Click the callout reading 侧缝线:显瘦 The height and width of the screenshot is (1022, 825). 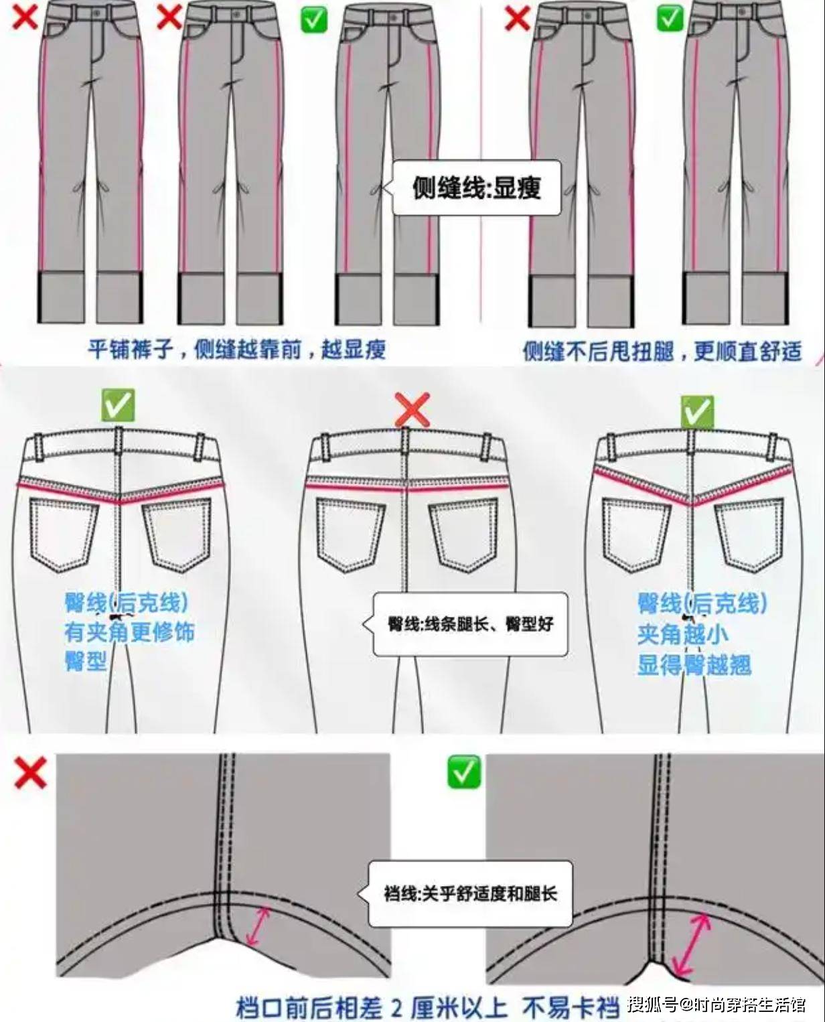pos(476,188)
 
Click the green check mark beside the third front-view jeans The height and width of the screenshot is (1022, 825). pos(313,19)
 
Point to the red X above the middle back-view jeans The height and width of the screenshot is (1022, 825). pos(412,409)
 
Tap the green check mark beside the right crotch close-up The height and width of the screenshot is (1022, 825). pos(463,772)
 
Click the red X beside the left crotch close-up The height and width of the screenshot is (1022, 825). pos(31,772)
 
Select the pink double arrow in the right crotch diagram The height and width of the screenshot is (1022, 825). pos(691,944)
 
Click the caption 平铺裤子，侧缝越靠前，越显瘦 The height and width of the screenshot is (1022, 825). pos(236,350)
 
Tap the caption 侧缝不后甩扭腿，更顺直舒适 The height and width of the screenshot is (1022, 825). pos(662,351)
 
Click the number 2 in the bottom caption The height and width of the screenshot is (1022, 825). pos(396,994)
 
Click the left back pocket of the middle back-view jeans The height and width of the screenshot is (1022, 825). pos(350,535)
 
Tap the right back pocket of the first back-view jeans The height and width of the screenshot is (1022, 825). pos(177,536)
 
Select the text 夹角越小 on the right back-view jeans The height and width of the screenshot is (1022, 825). pos(682,634)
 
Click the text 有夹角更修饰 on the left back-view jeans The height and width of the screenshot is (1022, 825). pos(129,632)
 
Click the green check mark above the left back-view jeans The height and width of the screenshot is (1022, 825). pos(117,406)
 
